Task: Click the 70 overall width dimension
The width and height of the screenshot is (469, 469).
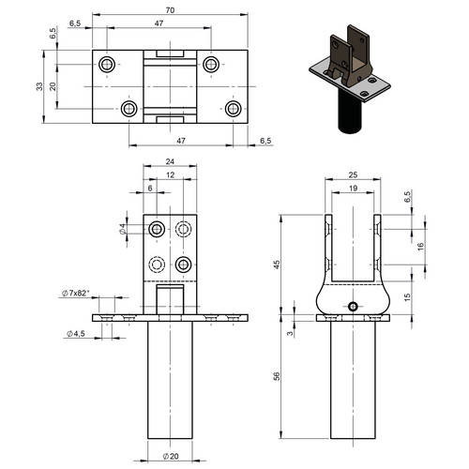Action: [x=170, y=10]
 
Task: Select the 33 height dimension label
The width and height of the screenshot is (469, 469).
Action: [x=39, y=86]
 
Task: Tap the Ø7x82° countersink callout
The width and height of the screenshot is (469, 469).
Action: [x=76, y=293]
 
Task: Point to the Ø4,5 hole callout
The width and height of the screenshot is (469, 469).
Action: [x=76, y=334]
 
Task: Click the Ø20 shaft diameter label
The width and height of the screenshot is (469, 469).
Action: [x=171, y=456]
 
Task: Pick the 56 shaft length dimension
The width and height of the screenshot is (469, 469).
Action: [x=277, y=376]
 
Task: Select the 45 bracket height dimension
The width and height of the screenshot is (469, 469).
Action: [x=277, y=265]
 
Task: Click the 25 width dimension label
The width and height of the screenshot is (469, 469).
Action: [x=353, y=174]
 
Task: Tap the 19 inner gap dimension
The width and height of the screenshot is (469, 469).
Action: [x=353, y=189]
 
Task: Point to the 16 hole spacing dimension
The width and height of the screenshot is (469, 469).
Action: [x=420, y=246]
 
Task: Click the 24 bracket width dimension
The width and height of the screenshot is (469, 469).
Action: [x=170, y=161]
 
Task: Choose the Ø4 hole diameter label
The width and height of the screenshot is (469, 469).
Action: [x=123, y=229]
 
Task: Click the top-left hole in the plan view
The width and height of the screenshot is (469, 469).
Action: [x=107, y=65]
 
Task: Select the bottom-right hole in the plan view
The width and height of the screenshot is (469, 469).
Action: [x=234, y=109]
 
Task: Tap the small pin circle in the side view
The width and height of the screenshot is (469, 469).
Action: [x=353, y=307]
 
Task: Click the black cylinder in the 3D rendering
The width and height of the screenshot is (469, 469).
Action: [x=350, y=112]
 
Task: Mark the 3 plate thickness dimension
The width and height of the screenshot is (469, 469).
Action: [x=291, y=333]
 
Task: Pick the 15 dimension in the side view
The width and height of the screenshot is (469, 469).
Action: [x=407, y=297]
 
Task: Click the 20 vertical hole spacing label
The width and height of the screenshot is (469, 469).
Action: [x=53, y=86]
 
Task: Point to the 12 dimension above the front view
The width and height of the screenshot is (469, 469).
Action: [x=170, y=175]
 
